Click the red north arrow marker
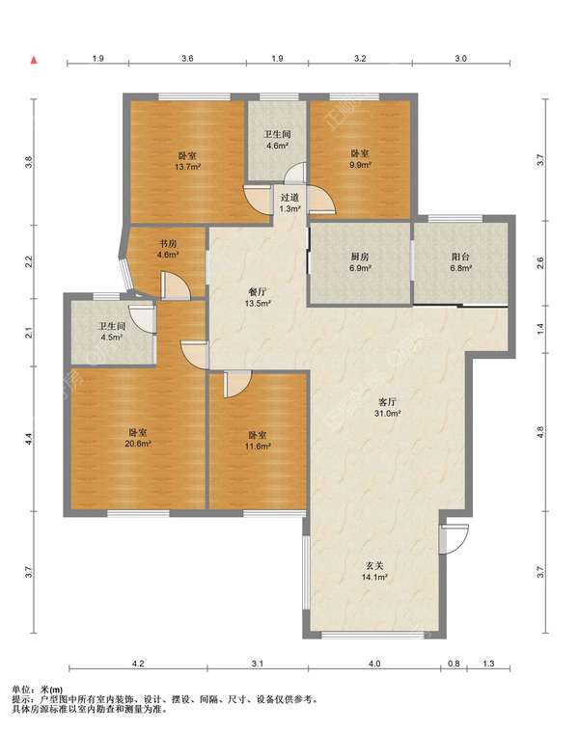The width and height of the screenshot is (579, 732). tap(34, 60)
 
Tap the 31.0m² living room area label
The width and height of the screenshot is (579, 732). tap(388, 413)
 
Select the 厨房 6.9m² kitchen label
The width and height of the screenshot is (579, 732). tap(360, 262)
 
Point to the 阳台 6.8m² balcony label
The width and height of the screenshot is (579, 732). tap(460, 262)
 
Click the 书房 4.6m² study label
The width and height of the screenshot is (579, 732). tap(168, 249)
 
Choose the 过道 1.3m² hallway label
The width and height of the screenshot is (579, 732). tap(289, 203)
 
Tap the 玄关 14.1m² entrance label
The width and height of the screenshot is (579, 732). tap(374, 571)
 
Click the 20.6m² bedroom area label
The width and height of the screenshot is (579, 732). tap(138, 444)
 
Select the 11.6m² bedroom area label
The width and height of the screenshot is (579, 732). tap(258, 446)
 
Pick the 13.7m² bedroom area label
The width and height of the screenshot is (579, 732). tap(188, 167)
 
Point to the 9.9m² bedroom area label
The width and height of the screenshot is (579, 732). tap(360, 165)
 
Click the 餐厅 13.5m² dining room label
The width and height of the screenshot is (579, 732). tap(258, 298)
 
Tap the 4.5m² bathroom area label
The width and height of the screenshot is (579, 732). tap(112, 337)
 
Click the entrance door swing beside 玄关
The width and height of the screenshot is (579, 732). tap(455, 539)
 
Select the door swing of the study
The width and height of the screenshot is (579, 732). tap(176, 286)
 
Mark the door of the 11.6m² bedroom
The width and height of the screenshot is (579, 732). tap(237, 384)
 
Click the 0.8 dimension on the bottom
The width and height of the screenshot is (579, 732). tap(454, 664)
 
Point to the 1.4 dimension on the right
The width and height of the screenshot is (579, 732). tap(540, 329)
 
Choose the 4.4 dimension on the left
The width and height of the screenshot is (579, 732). tap(29, 439)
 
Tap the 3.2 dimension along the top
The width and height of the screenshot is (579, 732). tap(360, 59)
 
